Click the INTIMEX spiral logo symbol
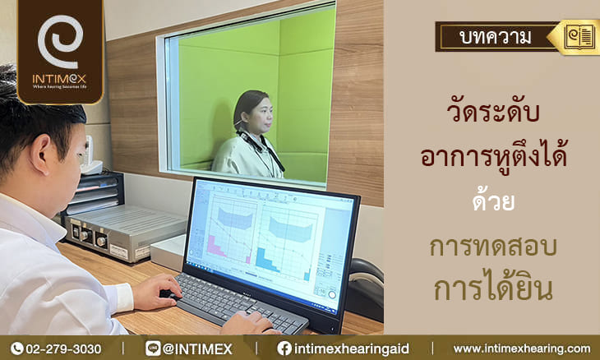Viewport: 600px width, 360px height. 60,41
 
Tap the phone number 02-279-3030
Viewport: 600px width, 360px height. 63,349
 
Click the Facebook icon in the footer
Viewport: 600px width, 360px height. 284,348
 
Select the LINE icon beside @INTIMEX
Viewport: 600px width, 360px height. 153,348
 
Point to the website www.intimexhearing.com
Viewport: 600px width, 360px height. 522,349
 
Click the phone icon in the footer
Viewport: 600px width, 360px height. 16,348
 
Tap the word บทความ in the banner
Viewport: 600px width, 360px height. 496,37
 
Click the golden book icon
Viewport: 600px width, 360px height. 579,37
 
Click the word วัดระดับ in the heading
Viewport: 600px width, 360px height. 493,111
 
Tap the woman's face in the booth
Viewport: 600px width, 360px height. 261,112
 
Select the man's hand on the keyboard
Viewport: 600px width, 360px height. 158,292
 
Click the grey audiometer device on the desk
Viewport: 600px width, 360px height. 124,233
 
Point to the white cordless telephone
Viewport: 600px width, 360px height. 90,155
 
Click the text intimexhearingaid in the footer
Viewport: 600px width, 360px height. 351,349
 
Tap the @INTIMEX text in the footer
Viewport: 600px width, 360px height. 197,349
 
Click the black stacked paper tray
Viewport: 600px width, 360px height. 93,193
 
